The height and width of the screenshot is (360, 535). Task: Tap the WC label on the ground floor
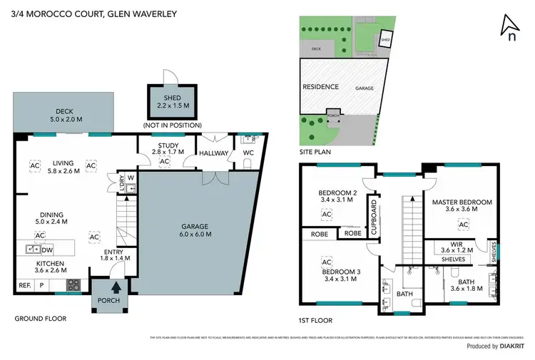tap(248, 153)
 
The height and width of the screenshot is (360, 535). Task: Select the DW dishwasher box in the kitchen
tap(48, 249)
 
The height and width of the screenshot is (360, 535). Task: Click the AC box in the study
tap(164, 162)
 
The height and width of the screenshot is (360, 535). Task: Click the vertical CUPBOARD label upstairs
tap(372, 212)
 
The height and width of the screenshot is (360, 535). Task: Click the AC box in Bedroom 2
tap(327, 214)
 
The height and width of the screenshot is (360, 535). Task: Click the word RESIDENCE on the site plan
tap(321, 86)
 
